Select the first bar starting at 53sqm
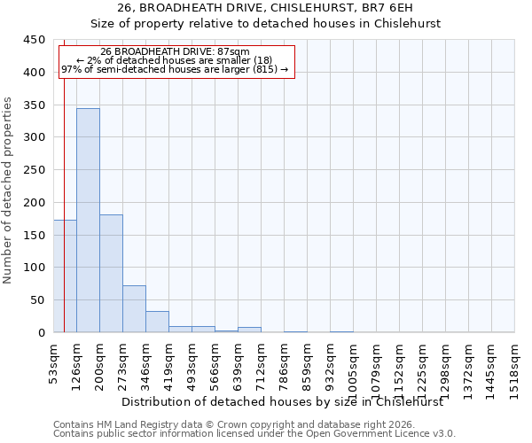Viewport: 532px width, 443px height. point(65,276)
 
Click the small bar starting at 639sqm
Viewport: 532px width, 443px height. point(249,330)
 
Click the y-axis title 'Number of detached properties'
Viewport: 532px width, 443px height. point(8,191)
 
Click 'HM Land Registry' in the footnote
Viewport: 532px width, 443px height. point(129,424)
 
